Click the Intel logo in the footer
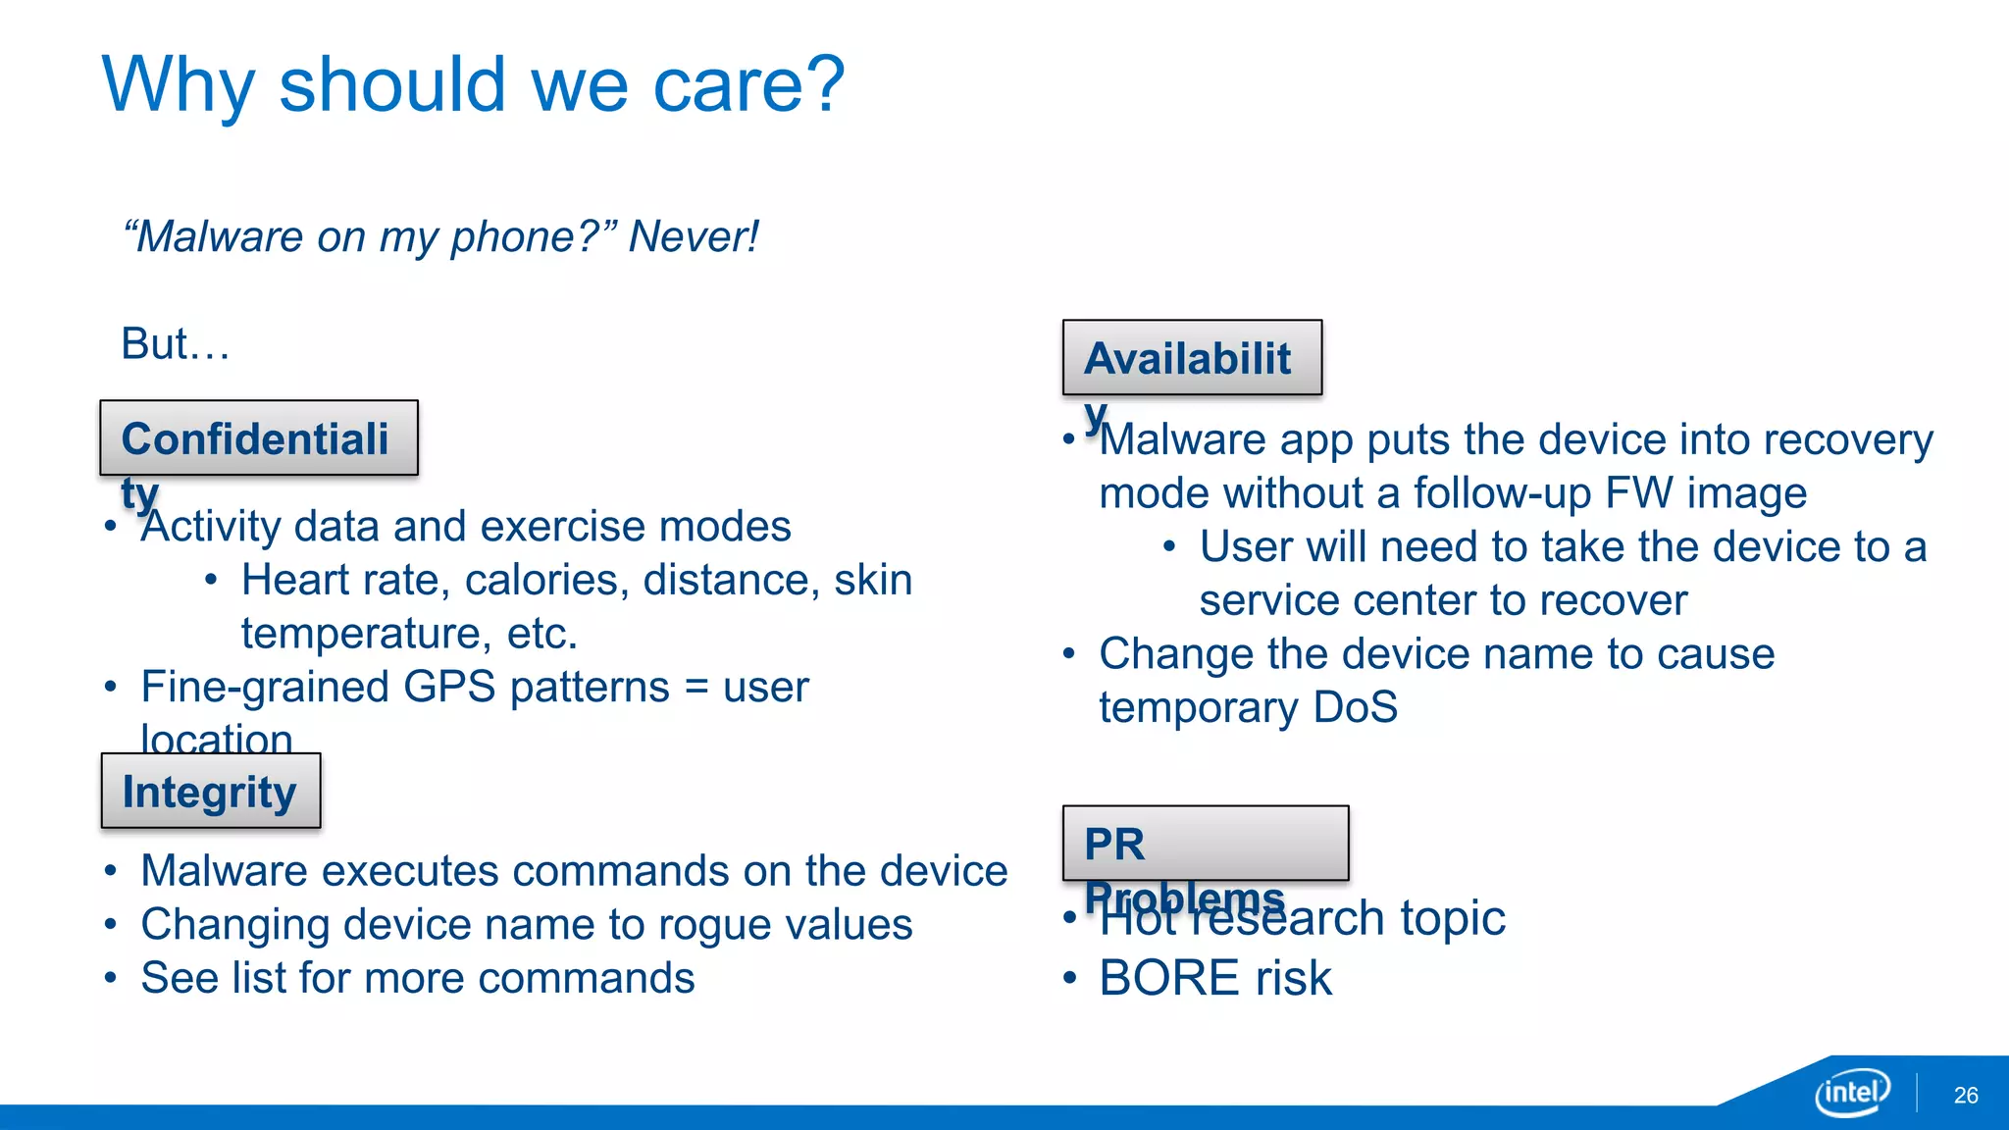coord(1852,1092)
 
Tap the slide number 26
coord(1965,1096)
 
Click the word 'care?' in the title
coord(748,84)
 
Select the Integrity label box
coord(211,791)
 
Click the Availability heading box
coord(1192,357)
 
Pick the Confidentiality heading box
coord(259,437)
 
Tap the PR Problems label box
coord(1205,843)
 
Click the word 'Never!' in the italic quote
coord(694,236)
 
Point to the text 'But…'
coord(175,343)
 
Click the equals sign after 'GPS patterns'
coord(696,687)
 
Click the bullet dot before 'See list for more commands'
coord(112,978)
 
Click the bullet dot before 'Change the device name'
coord(1069,653)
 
